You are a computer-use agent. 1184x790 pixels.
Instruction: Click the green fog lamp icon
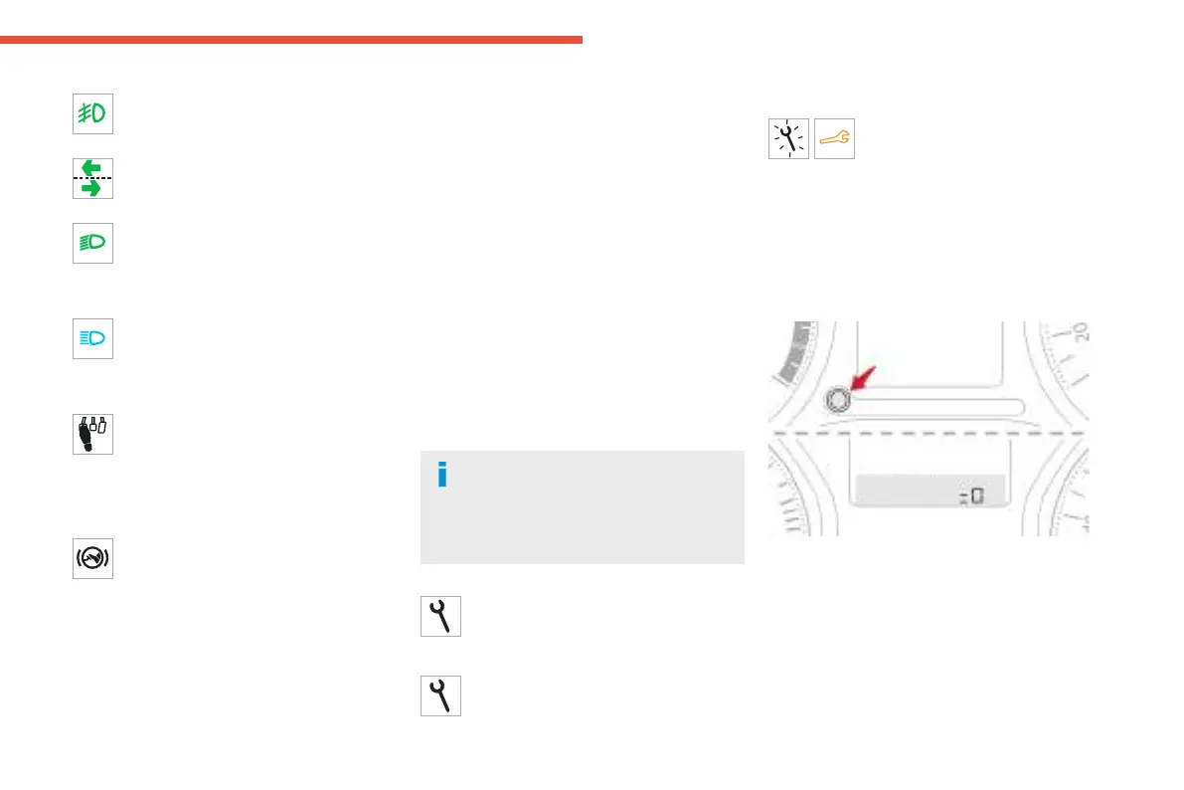pyautogui.click(x=92, y=113)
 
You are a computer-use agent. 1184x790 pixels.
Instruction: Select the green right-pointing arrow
pyautogui.click(x=92, y=187)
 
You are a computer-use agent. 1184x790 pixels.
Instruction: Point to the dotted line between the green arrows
pyautogui.click(x=92, y=177)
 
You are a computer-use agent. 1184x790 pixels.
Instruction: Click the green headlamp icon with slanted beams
pyautogui.click(x=92, y=243)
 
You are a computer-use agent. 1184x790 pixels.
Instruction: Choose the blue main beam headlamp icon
pyautogui.click(x=92, y=338)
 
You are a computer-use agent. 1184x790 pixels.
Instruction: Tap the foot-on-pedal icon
pyautogui.click(x=92, y=434)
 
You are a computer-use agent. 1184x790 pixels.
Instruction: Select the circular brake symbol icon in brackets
pyautogui.click(x=92, y=558)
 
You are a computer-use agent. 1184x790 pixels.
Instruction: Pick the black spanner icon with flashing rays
pyautogui.click(x=789, y=139)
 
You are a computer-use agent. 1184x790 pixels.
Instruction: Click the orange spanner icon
pyautogui.click(x=835, y=140)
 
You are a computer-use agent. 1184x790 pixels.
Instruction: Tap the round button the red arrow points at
pyautogui.click(x=837, y=400)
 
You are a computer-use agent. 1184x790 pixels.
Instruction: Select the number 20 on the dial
pyautogui.click(x=1081, y=332)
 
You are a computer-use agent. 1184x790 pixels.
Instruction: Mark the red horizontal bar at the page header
pyautogui.click(x=290, y=40)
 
